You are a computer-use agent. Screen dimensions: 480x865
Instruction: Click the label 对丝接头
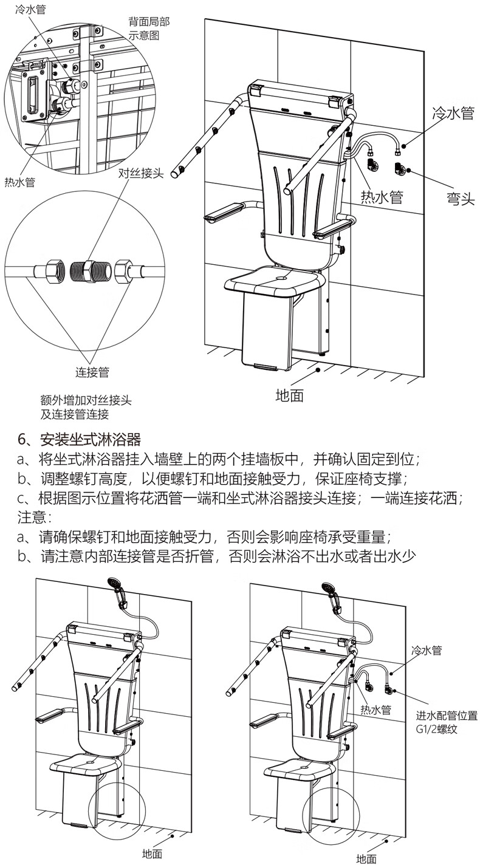coord(141,174)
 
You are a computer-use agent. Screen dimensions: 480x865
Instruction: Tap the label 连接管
coord(92,372)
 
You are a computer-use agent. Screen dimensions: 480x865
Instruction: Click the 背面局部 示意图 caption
coord(148,29)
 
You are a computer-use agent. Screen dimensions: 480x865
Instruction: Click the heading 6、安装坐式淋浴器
coord(80,439)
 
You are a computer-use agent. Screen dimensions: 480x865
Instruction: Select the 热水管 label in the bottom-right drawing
coord(376,709)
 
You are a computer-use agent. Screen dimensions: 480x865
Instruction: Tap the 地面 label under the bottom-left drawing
coord(152,853)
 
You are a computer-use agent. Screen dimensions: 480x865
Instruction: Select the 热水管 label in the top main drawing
coord(382,196)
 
